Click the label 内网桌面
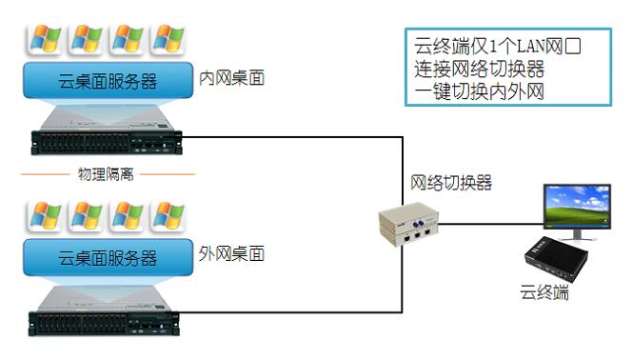coord(231,78)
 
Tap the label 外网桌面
coord(231,254)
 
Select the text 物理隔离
coord(106,174)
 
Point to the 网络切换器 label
coord(451,183)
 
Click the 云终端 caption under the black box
coord(544,292)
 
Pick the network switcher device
coord(408,224)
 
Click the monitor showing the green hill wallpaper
coord(577,211)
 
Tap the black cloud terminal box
coord(556,259)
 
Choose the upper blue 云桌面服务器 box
coord(108,80)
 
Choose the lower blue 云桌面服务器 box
coord(108,257)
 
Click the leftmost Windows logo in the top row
coord(45,39)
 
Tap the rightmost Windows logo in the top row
coord(168,39)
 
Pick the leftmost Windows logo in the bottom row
coord(45,216)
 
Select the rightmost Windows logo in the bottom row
coord(168,216)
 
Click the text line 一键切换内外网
coord(480,91)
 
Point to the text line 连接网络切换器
coord(480,69)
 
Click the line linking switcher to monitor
coord(491,224)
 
